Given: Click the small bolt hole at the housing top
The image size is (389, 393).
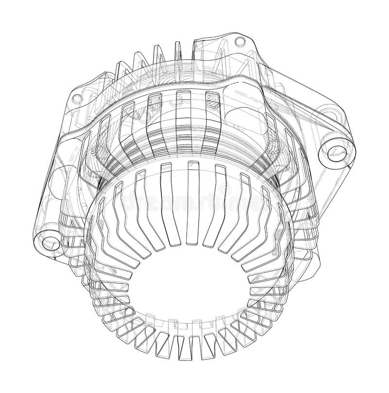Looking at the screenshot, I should (239, 40).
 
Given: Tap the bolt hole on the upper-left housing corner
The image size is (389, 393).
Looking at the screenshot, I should (76, 98).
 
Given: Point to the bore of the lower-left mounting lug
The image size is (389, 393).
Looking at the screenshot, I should (48, 242).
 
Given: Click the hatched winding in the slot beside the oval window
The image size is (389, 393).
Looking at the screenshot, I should (212, 104).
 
